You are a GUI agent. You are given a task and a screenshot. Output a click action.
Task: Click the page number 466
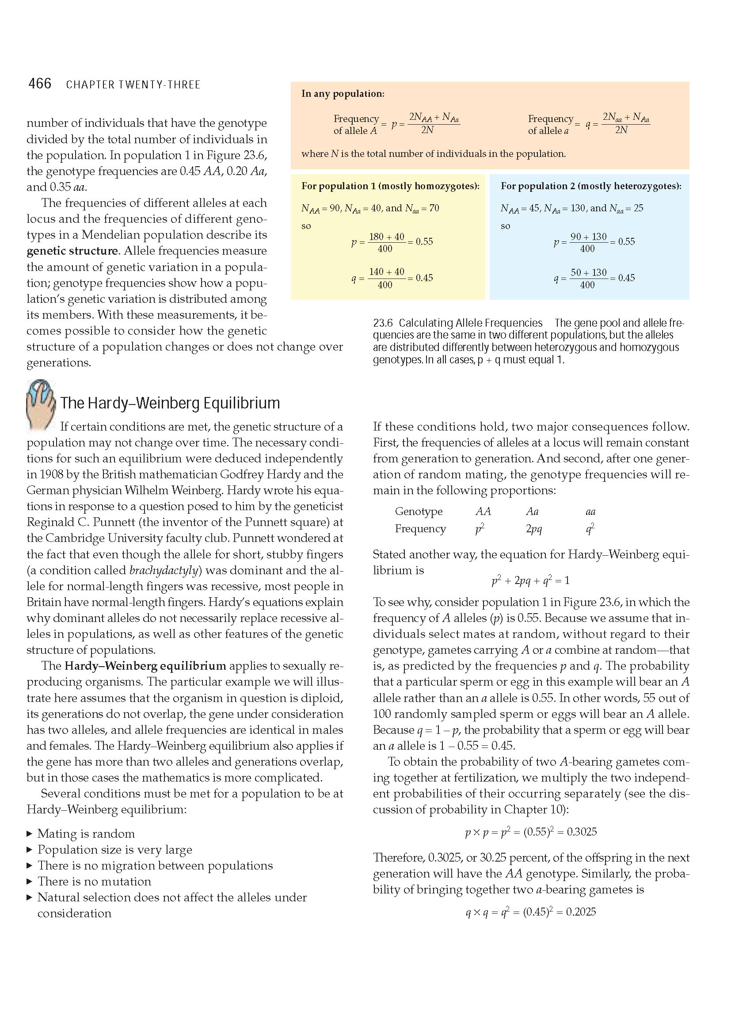40,84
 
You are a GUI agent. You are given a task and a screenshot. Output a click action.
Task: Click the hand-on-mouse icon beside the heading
41,404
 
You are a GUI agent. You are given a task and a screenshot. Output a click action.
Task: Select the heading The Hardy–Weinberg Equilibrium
170,403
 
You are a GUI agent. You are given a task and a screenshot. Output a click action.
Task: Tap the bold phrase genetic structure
72,251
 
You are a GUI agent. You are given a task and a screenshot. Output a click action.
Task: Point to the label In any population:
343,94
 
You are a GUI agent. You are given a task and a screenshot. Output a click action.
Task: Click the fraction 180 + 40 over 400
386,242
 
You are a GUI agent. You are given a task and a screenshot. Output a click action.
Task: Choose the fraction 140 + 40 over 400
386,278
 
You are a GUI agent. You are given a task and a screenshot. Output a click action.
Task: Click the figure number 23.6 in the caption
383,323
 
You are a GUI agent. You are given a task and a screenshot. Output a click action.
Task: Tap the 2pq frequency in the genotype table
533,529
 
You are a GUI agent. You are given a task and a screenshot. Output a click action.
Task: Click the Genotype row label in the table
419,511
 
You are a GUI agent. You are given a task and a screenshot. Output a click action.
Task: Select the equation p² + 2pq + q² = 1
531,580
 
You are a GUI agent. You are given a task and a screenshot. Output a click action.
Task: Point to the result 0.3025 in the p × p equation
582,832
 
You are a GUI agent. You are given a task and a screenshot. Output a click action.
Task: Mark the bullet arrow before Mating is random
30,834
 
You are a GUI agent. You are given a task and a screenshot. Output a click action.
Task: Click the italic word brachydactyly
164,571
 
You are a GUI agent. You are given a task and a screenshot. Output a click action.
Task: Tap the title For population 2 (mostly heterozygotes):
590,186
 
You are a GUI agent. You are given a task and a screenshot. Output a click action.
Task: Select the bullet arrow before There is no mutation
30,881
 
